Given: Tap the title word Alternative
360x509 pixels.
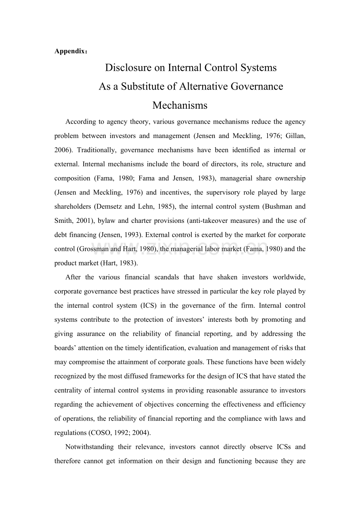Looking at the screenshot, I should click(202, 86).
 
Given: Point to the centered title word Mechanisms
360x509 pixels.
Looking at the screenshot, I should click(180, 105).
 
